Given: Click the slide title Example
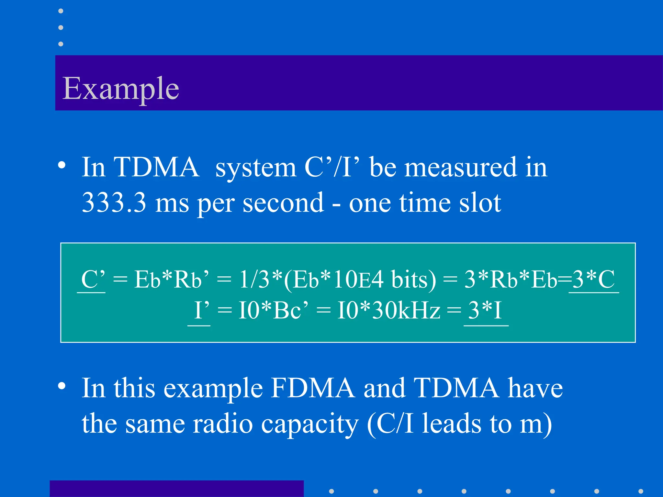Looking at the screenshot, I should click(x=120, y=88).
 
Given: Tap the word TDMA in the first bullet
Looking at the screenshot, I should click(x=156, y=167).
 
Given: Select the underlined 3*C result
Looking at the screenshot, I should click(x=593, y=279).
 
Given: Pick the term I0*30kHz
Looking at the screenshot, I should click(x=388, y=310).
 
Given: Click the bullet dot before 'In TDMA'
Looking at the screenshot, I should click(x=62, y=165).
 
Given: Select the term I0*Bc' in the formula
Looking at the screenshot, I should click(x=273, y=310).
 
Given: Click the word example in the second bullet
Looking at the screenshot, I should click(x=213, y=388).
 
